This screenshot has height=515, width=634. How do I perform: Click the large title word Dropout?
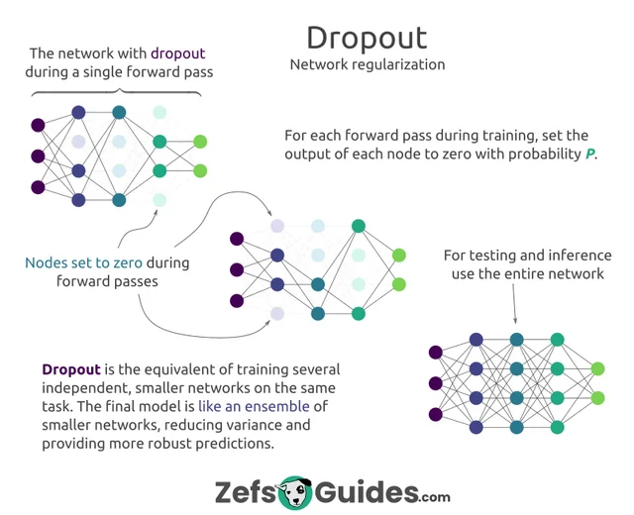[x=367, y=39]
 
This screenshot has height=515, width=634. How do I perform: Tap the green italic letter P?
[x=590, y=154]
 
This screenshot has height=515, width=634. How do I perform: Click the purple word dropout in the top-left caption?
[x=178, y=53]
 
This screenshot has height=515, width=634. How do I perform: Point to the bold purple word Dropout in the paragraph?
[x=71, y=369]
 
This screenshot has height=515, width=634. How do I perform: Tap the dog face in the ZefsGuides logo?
[x=295, y=493]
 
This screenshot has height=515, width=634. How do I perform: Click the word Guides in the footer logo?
[x=367, y=492]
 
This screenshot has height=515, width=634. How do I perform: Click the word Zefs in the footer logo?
[x=245, y=492]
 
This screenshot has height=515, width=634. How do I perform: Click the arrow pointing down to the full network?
[x=514, y=304]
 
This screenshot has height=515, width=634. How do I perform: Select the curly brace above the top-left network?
[x=117, y=92]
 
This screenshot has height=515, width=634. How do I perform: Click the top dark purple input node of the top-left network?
[x=38, y=125]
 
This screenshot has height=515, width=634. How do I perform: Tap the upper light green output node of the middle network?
[x=399, y=256]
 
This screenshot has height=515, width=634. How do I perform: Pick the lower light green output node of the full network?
[x=598, y=398]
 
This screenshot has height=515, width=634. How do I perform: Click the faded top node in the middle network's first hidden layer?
[x=277, y=226]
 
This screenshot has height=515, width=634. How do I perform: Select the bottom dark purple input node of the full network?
[x=436, y=414]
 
